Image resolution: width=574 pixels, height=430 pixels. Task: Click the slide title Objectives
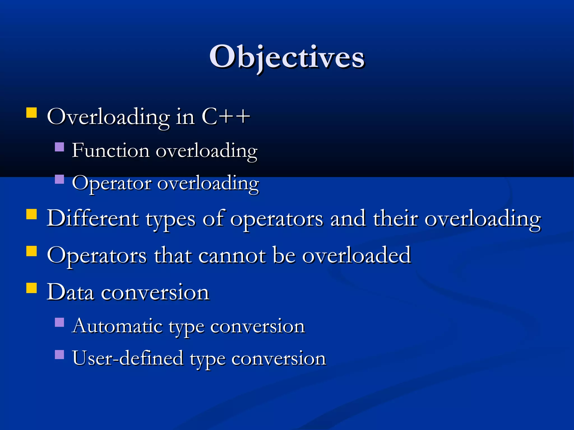point(287,57)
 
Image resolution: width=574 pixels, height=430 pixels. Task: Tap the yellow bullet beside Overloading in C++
point(31,113)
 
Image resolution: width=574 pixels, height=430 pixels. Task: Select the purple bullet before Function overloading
point(59,147)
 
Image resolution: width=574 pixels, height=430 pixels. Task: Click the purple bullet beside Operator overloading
point(59,179)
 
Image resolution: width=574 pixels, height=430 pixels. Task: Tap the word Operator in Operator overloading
point(112,183)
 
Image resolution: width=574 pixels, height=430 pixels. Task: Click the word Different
point(92,218)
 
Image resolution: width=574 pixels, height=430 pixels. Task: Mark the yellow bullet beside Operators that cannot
point(31,251)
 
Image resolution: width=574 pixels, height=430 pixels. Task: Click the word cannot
point(232,255)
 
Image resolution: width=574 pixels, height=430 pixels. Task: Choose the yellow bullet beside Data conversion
point(31,288)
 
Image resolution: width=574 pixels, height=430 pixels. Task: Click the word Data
point(70,292)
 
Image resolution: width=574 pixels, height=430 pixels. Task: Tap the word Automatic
point(117,326)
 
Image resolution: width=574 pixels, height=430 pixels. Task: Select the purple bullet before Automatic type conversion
point(59,322)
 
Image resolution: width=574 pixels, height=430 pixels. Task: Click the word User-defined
point(128,358)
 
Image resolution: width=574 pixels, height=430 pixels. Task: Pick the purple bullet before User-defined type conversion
point(59,355)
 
